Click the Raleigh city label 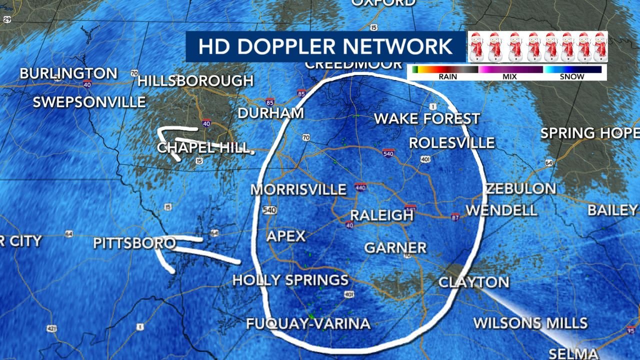point(382,215)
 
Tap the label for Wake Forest point(427,119)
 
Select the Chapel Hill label point(203,148)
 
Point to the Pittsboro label point(134,243)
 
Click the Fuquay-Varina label point(308,324)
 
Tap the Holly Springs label point(290,280)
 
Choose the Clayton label point(473,282)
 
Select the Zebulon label point(521,189)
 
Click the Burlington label point(68,74)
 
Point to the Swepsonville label point(89,102)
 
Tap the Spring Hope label point(589,133)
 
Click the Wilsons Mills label point(530,323)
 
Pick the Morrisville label point(298,190)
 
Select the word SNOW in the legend point(572,77)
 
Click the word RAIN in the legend point(447,77)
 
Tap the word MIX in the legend point(510,77)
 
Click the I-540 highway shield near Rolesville point(388,152)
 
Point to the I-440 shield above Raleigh point(360,187)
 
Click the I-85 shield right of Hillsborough point(301,93)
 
